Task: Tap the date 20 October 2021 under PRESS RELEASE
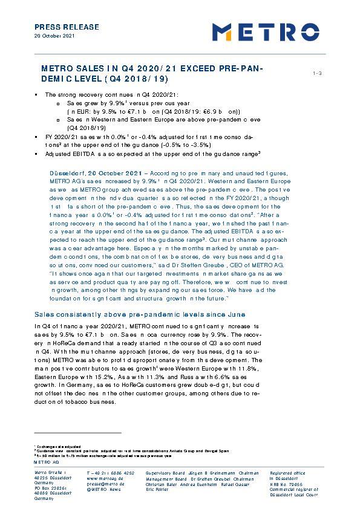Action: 54,36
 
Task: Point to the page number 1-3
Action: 317,73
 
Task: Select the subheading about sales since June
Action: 140,316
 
